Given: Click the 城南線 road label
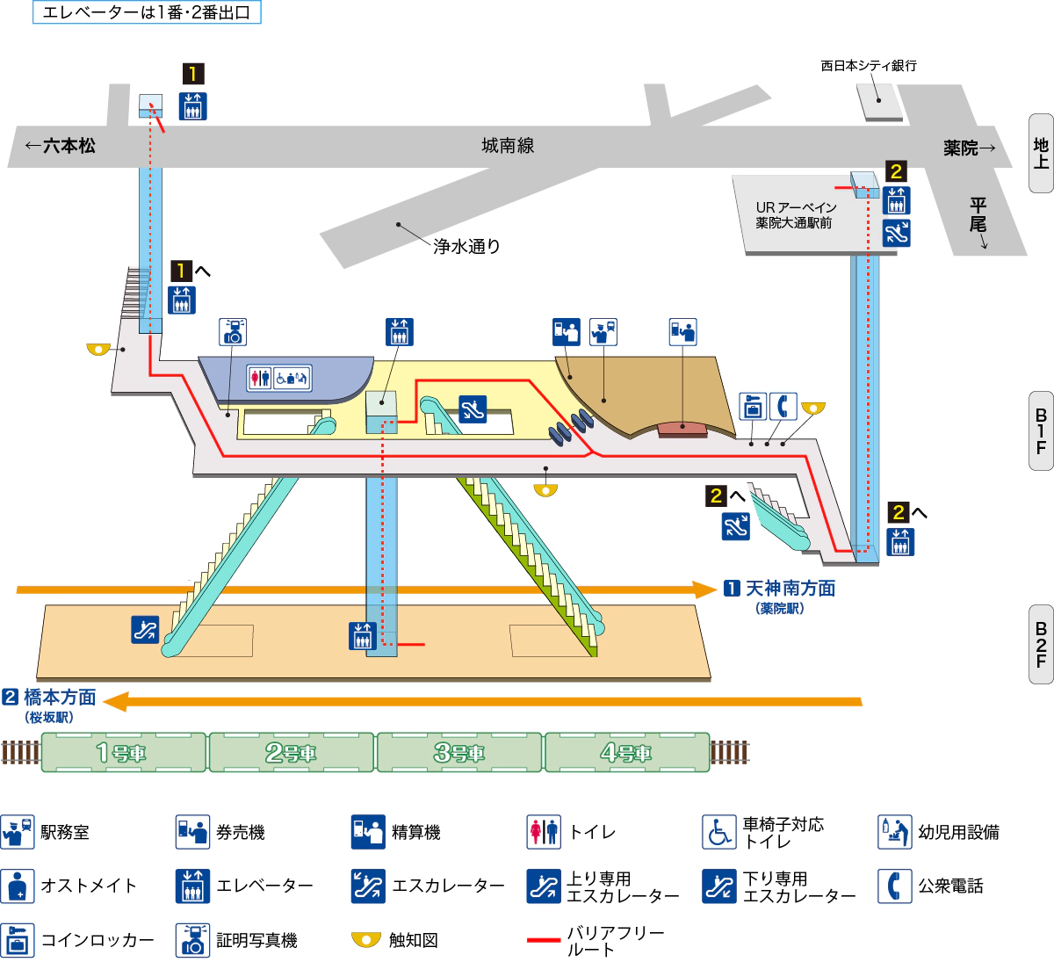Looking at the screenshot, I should pos(508,146).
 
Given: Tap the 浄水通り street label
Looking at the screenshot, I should pos(466,247).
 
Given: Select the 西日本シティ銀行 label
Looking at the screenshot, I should pos(868,66).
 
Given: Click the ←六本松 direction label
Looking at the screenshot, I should pos(60,146).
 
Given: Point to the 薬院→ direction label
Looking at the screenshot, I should pos(970,148).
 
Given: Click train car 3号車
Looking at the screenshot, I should pos(458,753).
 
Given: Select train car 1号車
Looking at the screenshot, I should pos(122,753).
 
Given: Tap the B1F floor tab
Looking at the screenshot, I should pos(1041,430).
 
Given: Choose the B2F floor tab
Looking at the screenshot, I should pos(1041,644).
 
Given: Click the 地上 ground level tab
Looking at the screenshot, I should pos(1041,153).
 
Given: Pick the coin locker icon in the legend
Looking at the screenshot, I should pos(18,940).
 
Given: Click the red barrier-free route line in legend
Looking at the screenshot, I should pos(544,940).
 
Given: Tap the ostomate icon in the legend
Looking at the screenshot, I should pos(18,886).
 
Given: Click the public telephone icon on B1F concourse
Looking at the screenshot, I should pos(783,406).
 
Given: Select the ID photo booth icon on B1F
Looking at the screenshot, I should pos(233,332).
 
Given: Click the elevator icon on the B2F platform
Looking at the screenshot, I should pos(362,636).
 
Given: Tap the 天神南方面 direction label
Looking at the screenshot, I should pos(790,589).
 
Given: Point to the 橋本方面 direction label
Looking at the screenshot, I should pos(60,698).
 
